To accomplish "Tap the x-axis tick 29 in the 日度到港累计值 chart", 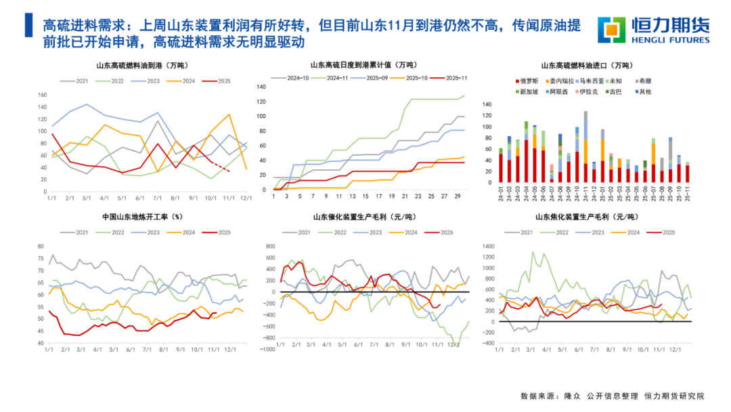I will pyautogui.click(x=458, y=197).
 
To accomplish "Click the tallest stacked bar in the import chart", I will pyautogui.click(x=585, y=146).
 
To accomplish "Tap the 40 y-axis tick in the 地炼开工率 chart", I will pyautogui.click(x=41, y=344).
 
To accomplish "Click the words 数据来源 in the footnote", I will pyautogui.click(x=537, y=395).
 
